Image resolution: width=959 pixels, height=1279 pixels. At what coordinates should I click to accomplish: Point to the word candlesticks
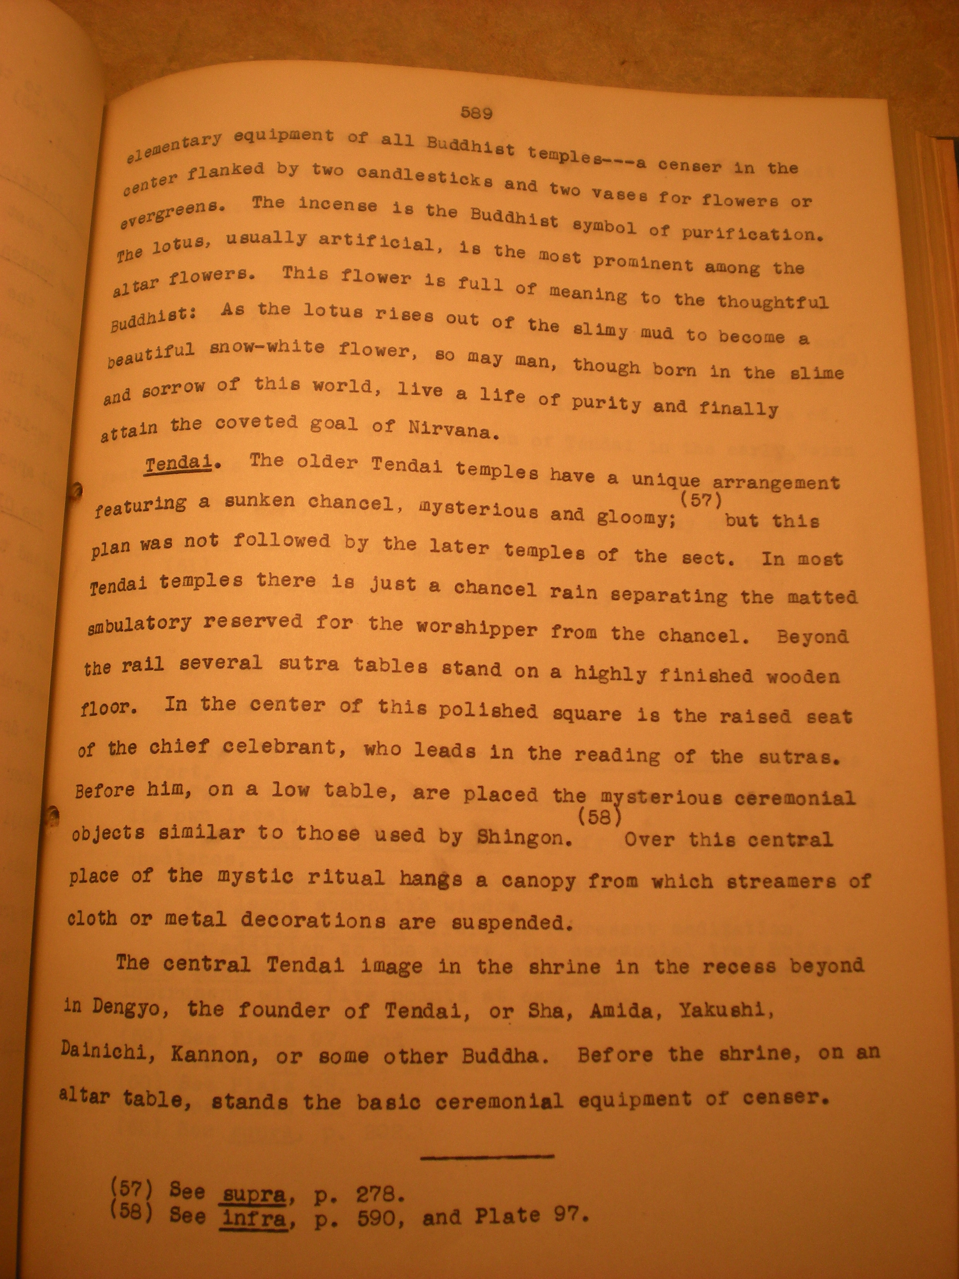pos(424,177)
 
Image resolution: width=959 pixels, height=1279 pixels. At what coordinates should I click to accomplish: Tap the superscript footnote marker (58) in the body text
pos(599,817)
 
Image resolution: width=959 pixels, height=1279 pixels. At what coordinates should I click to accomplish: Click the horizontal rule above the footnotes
pos(487,1156)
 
